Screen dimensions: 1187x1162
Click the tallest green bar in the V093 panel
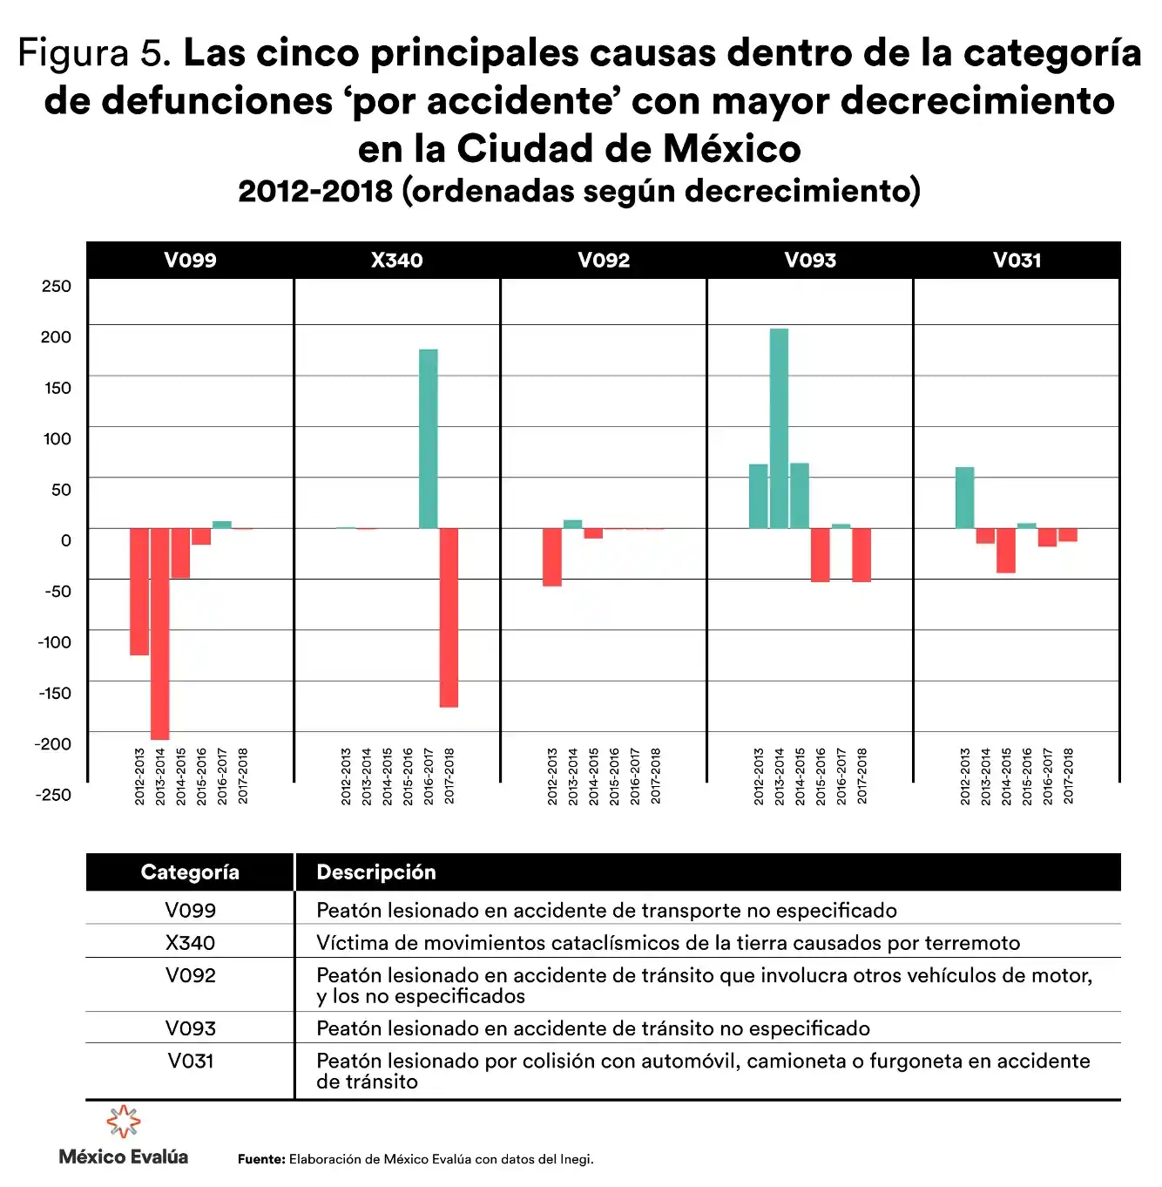tap(779, 428)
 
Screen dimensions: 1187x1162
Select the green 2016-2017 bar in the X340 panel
tap(428, 438)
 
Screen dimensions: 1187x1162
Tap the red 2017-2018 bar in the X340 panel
tap(449, 617)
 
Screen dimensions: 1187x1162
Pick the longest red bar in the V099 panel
tap(159, 634)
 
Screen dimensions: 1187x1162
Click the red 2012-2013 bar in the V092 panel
tap(551, 557)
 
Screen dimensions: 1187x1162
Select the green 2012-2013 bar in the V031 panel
tap(964, 498)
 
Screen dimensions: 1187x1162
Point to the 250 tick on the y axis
tap(57, 287)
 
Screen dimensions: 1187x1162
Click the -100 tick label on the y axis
tap(55, 642)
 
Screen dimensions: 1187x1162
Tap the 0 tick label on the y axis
tap(65, 540)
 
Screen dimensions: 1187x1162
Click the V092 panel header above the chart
tap(604, 260)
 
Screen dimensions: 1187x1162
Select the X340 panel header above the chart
tap(397, 260)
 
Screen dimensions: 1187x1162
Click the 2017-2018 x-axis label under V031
tap(1069, 776)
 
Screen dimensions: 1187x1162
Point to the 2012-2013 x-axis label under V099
tap(139, 776)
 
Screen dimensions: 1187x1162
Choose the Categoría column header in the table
tap(190, 872)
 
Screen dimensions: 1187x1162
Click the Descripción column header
tap(376, 872)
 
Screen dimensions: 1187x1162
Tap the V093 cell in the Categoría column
tap(191, 1028)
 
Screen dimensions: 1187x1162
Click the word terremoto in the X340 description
tap(972, 943)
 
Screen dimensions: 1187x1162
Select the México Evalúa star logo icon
tap(124, 1123)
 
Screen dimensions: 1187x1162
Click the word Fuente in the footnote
tap(260, 1159)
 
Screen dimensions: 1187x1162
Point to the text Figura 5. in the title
tap(94, 54)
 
